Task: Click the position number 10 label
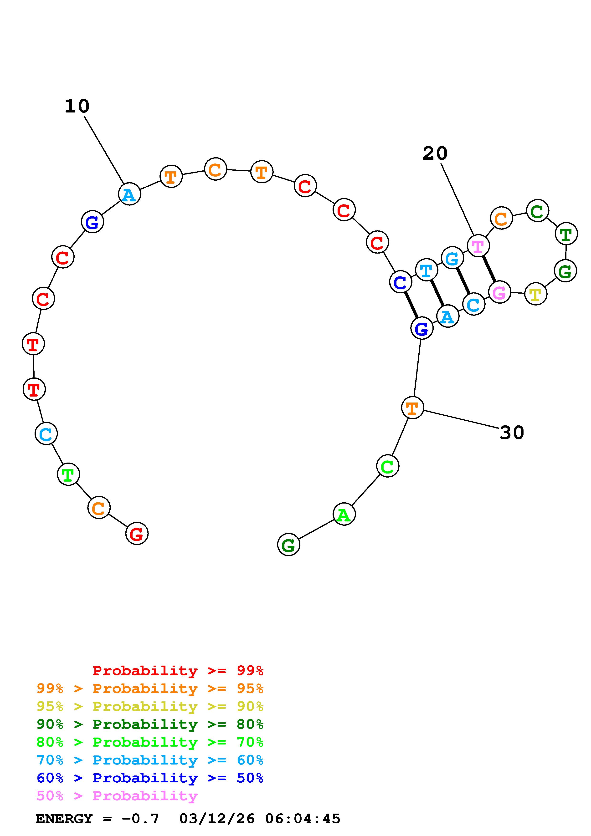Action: click(x=77, y=106)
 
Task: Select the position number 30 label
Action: click(x=512, y=433)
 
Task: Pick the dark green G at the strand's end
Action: click(x=288, y=545)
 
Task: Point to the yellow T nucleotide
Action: click(x=535, y=294)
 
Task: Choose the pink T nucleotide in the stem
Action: click(x=478, y=246)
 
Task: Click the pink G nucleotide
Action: click(x=499, y=292)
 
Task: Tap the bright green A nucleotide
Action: click(x=344, y=514)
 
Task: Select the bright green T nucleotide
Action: click(x=68, y=474)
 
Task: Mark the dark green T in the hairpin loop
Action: click(x=566, y=234)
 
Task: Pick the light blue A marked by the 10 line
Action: click(x=129, y=194)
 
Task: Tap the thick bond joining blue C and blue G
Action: click(x=411, y=305)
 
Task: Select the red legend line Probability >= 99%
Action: click(x=178, y=671)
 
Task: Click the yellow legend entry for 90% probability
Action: click(x=150, y=706)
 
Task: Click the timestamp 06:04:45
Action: click(x=303, y=819)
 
